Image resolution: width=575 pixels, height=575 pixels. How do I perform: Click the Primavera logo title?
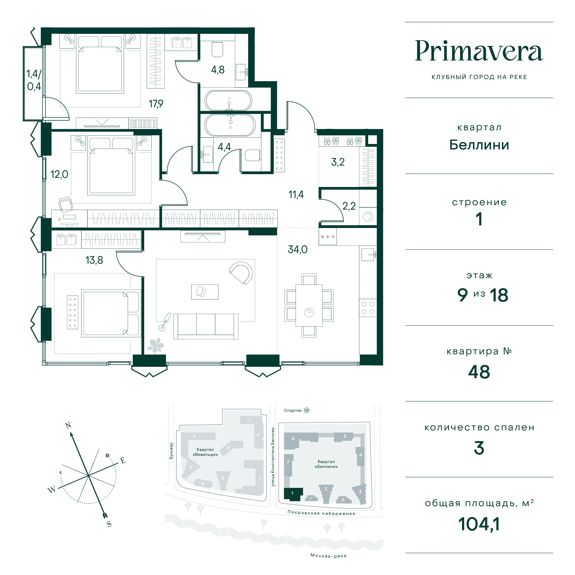click(479, 51)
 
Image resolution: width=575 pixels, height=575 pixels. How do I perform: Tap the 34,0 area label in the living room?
click(298, 249)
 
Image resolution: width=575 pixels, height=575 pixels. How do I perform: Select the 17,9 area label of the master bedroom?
click(156, 104)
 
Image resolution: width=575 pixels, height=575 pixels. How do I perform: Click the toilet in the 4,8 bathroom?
click(217, 49)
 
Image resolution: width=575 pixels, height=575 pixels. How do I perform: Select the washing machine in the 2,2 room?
click(368, 216)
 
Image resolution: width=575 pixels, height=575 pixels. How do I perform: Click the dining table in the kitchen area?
click(309, 305)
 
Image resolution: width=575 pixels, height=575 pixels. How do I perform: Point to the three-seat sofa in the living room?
click(206, 326)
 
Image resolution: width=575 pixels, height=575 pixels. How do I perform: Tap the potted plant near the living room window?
click(155, 345)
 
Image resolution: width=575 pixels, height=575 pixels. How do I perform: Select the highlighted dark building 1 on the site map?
click(293, 494)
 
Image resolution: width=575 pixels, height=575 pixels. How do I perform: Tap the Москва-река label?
click(328, 555)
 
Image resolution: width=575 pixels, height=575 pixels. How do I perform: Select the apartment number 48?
click(479, 372)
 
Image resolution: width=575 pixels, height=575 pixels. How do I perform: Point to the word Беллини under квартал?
click(479, 145)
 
